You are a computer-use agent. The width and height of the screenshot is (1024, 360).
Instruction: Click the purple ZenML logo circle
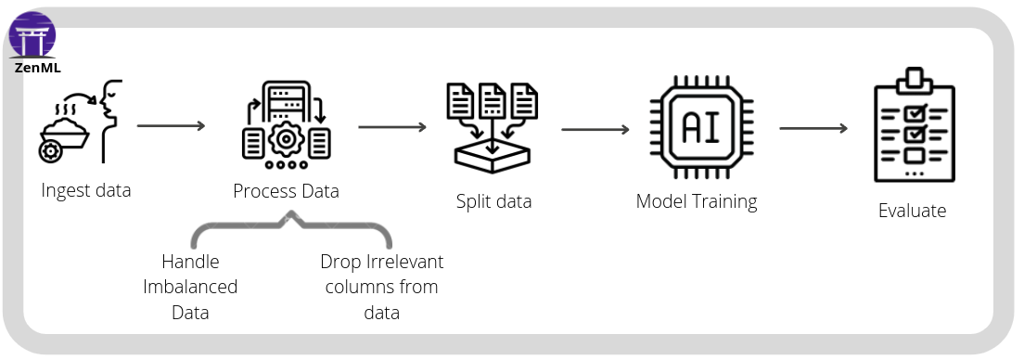pos(32,34)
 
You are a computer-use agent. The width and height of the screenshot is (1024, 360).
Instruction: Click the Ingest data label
pos(86,190)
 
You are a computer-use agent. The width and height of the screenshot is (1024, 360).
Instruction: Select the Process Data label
pos(286,191)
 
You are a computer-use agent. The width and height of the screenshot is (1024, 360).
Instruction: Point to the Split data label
pos(493,201)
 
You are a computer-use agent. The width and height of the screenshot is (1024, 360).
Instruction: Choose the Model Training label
pos(696,201)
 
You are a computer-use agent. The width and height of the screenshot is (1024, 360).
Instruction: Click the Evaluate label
pos(912,211)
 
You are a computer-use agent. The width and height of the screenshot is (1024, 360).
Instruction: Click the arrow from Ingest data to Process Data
pos(171,125)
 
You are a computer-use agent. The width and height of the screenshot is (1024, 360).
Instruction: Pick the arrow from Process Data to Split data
pos(391,126)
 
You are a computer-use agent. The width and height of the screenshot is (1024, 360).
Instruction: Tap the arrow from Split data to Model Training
pos(595,129)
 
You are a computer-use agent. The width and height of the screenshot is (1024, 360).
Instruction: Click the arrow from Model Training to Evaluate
pos(813,128)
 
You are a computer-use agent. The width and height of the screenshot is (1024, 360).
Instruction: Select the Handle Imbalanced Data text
pos(190,287)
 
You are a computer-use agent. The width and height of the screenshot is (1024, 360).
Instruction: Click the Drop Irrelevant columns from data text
pos(381,287)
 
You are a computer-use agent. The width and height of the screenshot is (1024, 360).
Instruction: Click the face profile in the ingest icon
pos(111,107)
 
